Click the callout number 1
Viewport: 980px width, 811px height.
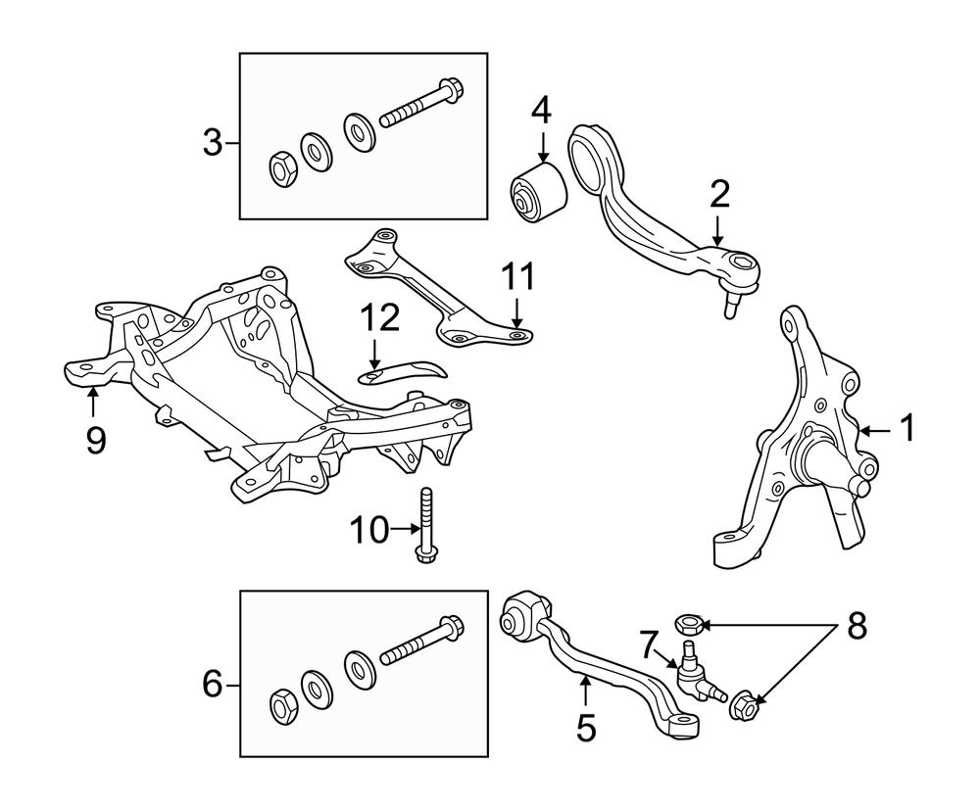tap(906, 428)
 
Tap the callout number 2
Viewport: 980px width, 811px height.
tap(719, 195)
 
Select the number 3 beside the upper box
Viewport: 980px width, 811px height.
tap(213, 143)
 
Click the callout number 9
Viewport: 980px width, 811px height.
tap(94, 439)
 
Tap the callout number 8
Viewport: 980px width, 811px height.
tap(857, 625)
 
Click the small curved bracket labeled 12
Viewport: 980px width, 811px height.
tap(402, 369)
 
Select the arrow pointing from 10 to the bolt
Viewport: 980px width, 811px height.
tap(402, 530)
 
